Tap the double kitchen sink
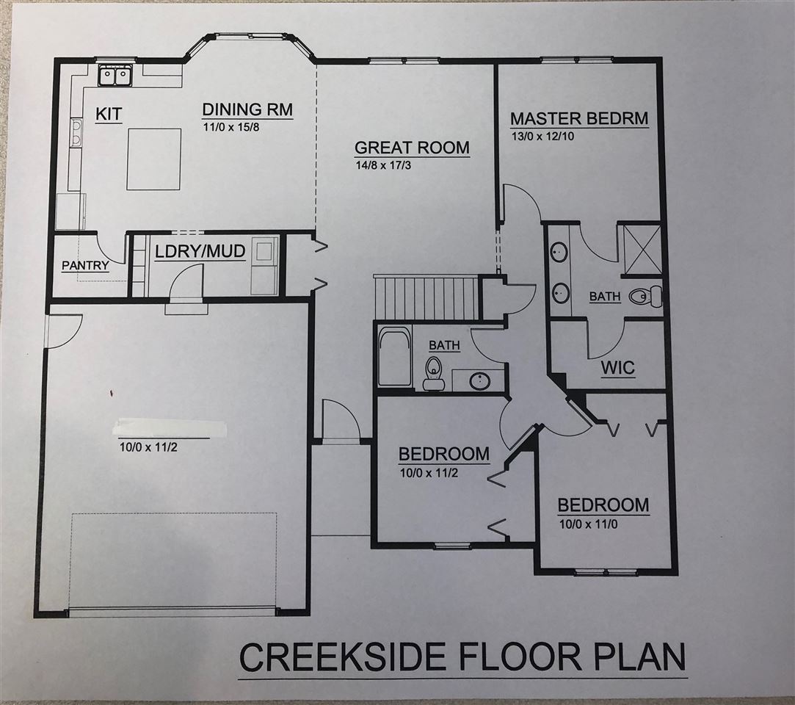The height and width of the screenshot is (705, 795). [x=115, y=75]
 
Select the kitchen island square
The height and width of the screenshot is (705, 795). [x=153, y=159]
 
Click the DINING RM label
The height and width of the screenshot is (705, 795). [x=247, y=110]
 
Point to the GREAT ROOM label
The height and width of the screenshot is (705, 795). [x=411, y=147]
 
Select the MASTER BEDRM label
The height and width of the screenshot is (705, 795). [x=579, y=118]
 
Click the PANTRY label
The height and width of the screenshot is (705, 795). [x=84, y=266]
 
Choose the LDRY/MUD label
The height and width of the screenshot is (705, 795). [x=200, y=251]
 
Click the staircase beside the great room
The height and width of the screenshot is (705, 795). [x=426, y=297]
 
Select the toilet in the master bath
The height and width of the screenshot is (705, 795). [x=649, y=297]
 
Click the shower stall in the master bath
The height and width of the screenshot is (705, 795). [x=642, y=249]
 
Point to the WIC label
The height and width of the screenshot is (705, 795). [x=617, y=367]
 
